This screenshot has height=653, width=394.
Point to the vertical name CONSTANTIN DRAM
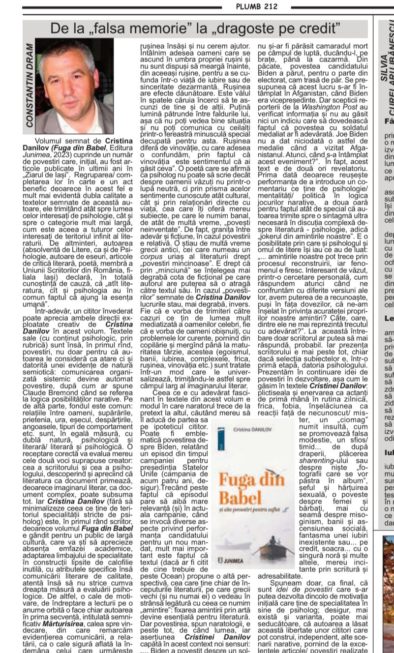tap(30, 86)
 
